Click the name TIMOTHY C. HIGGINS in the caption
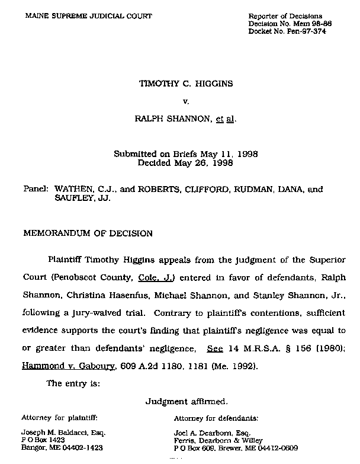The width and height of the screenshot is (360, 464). click(185, 84)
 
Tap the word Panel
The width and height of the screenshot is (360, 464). click(35, 190)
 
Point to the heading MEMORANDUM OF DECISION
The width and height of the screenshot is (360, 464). click(88, 233)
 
